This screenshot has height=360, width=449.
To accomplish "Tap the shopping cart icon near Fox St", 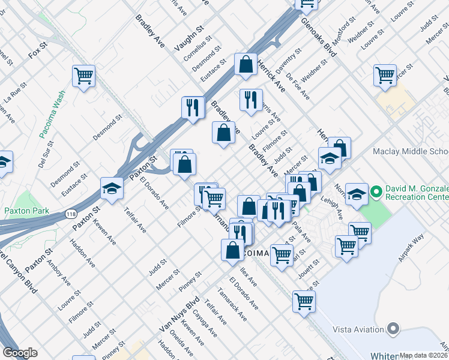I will (83, 76).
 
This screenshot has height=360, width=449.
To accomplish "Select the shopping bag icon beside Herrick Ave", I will (246, 65).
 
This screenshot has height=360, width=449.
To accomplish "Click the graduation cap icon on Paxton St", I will (112, 189).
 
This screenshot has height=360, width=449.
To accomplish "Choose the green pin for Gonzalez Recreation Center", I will (376, 192).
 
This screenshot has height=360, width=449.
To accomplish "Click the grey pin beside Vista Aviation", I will (393, 329).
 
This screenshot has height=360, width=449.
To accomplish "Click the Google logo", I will (20, 353).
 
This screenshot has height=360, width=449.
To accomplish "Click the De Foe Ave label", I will (298, 86).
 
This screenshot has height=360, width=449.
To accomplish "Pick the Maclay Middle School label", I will (411, 152).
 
